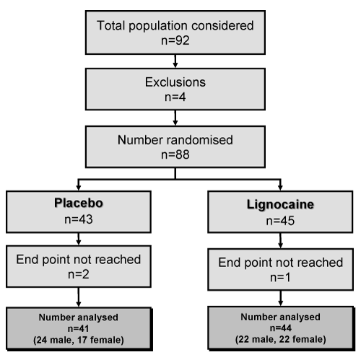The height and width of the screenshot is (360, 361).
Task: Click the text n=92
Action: click(175, 40)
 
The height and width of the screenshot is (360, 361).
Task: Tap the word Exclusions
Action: click(175, 82)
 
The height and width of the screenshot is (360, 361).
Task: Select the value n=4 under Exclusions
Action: click(175, 97)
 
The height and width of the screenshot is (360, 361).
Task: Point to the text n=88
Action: click(175, 154)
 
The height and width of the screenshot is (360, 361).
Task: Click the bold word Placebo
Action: click(79, 203)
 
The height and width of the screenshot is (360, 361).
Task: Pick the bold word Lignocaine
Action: click(280, 205)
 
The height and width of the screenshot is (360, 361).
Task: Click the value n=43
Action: click(79, 219)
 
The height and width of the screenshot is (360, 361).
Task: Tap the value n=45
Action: click(280, 221)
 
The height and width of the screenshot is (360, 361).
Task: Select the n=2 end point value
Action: click(79, 274)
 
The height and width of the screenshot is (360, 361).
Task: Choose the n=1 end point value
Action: click(280, 278)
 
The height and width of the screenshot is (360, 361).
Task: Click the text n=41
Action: click(79, 328)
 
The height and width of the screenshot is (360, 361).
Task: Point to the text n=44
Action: click(281, 328)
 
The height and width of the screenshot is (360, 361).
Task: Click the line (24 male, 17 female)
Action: click(79, 340)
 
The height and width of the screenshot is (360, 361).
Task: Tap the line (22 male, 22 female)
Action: click(281, 340)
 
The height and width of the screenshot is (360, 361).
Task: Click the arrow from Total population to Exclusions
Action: click(175, 61)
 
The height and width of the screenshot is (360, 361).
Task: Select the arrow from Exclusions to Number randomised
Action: click(175, 118)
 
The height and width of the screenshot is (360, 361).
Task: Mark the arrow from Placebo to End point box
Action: click(79, 239)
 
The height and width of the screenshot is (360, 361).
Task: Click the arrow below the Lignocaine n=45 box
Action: click(280, 241)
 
